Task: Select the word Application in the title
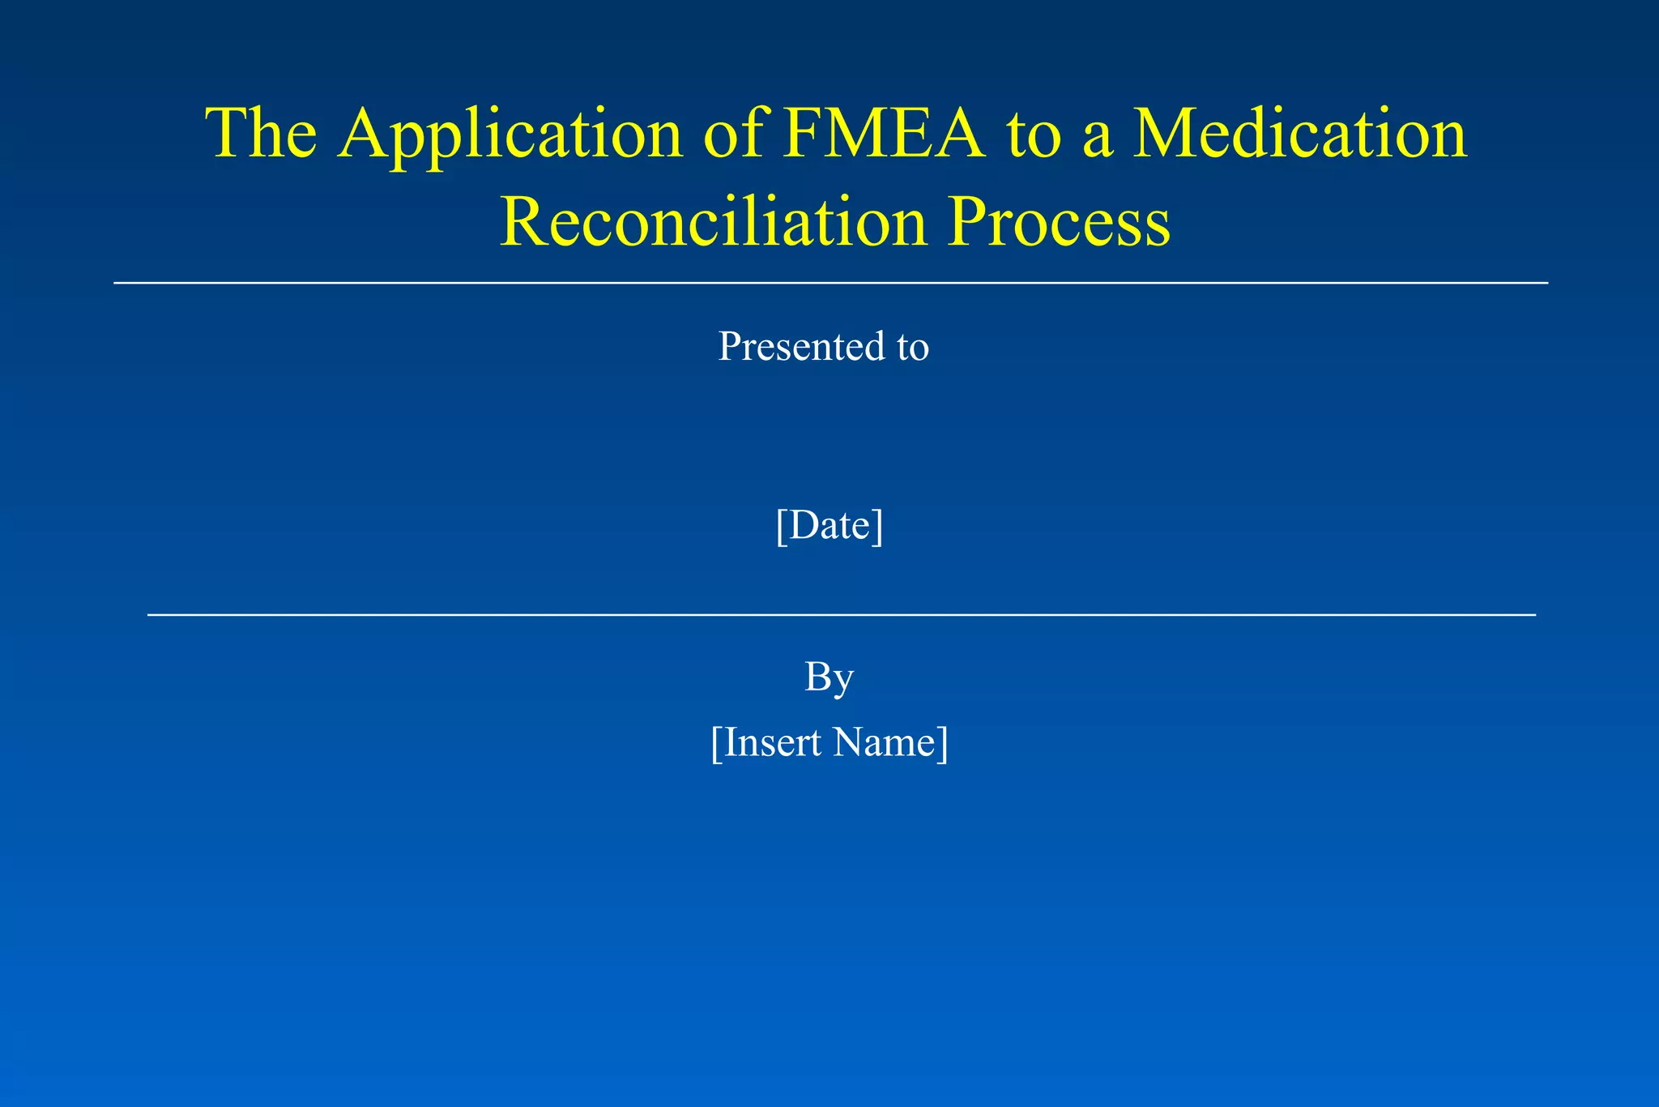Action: pos(511,134)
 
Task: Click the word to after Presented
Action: pos(913,348)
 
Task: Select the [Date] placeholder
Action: pos(829,525)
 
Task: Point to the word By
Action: pos(829,677)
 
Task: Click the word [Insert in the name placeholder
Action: pos(766,742)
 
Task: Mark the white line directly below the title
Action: pos(829,283)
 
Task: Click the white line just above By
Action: pos(841,615)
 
